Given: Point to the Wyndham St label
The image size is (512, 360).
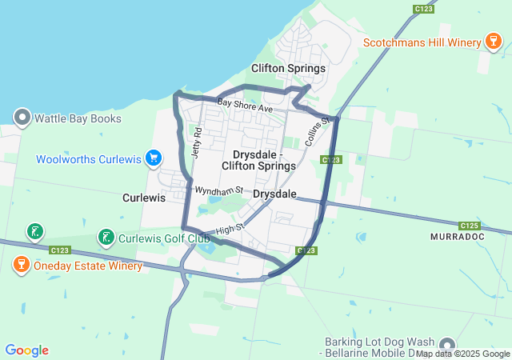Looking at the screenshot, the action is pos(218,190).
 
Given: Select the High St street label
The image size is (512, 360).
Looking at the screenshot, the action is pos(228,230).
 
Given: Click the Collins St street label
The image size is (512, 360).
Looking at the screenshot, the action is pos(317,130).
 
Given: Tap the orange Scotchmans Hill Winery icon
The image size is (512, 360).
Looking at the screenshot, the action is pos(494,42).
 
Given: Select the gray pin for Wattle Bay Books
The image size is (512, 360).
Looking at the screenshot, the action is pos(22,119).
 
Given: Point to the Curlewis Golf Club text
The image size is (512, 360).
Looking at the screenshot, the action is pos(165,238).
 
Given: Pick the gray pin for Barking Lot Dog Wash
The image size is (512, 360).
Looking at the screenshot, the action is pos(446,345).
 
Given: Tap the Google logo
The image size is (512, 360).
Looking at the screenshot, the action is pos(26,350).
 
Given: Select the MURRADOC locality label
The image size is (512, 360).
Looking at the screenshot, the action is pos(459,238).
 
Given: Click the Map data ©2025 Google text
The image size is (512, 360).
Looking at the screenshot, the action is pos(462,354).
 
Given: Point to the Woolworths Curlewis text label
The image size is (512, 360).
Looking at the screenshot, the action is pos(88,159).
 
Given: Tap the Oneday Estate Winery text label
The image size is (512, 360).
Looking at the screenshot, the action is pos(88,266).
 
